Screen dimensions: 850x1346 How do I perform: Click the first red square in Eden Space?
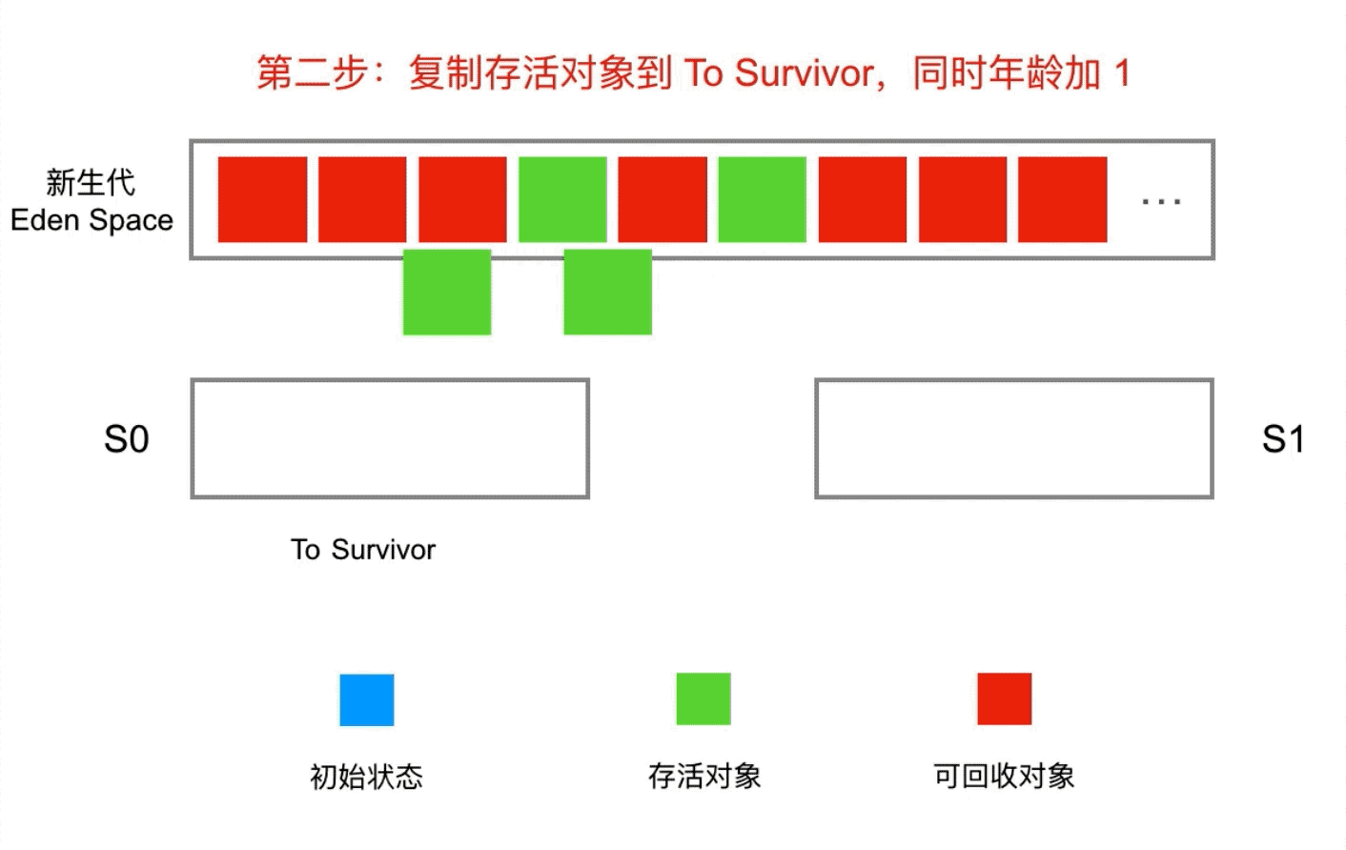tap(262, 199)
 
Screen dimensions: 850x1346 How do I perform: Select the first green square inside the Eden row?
tap(562, 199)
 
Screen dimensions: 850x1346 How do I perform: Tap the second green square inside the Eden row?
tap(762, 199)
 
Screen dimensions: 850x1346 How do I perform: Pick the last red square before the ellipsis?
tap(1062, 199)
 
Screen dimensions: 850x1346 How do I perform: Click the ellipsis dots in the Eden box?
tap(1161, 201)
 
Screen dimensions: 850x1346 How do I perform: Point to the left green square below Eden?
tap(447, 292)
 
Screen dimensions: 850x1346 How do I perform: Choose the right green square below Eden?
tap(607, 292)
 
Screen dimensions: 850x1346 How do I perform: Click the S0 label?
tap(127, 439)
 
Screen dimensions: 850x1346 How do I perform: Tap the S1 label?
tap(1282, 439)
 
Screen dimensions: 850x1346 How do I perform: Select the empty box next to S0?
tap(390, 438)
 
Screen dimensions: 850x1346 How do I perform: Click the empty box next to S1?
tap(1014, 438)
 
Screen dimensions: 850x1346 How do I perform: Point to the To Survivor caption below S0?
tap(363, 550)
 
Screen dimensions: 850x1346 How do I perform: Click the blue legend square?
tap(367, 700)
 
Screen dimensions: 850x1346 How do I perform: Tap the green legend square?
tap(704, 698)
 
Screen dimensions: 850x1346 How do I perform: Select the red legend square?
tap(1004, 698)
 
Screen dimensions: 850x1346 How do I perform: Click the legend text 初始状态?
tap(366, 777)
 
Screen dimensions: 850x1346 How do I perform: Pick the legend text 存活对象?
tap(704, 776)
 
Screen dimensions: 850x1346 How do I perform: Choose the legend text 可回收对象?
tap(1004, 776)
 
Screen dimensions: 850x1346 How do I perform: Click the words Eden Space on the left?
tap(92, 220)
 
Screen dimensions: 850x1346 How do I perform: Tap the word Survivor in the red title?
tap(805, 73)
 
